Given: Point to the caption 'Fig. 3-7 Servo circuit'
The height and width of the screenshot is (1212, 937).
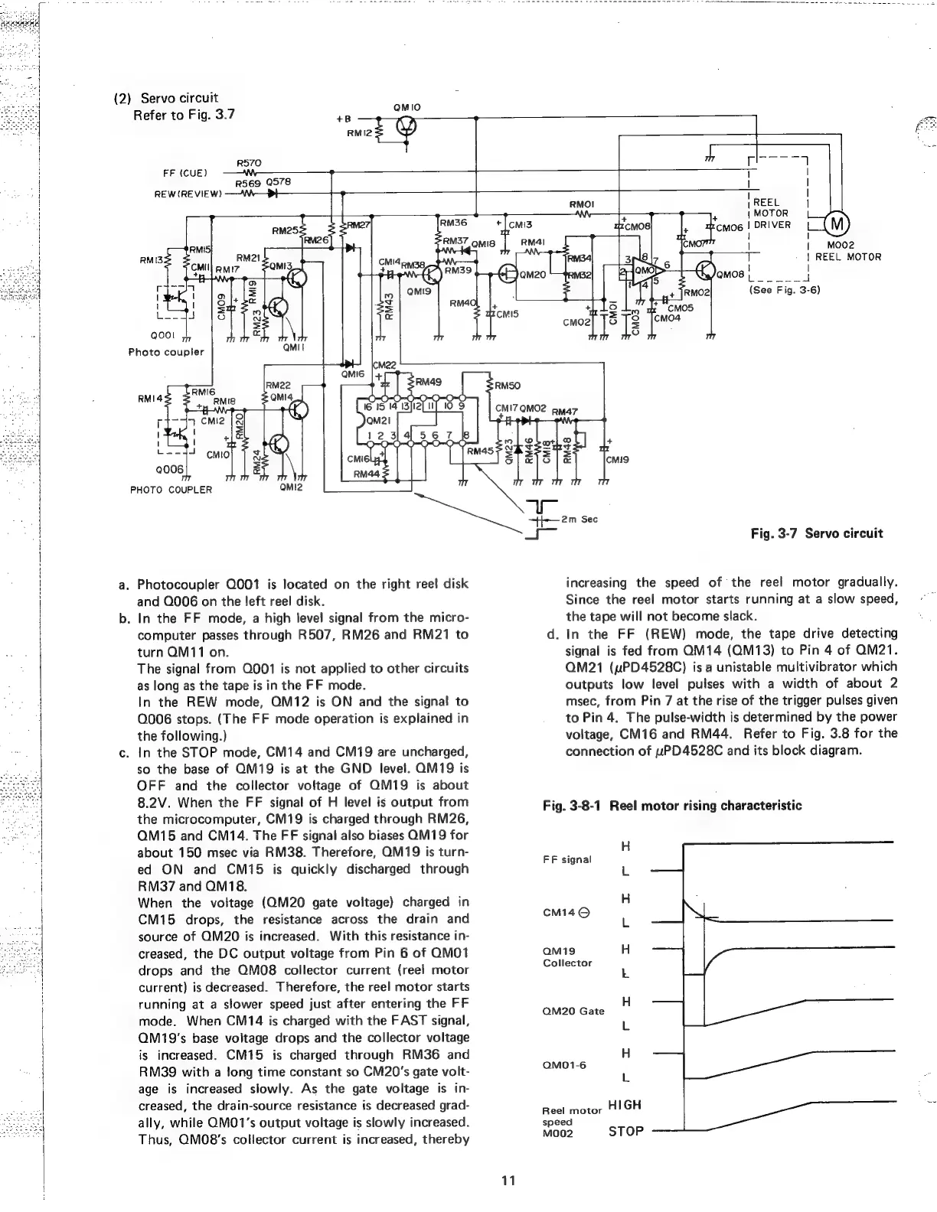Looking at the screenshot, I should pos(817,533).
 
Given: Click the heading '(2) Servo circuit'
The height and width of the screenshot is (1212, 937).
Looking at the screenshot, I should pos(165,98).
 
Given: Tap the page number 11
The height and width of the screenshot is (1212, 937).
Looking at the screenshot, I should pos(506,1179).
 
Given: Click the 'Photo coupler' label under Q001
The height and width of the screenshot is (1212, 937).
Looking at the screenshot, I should pos(166,352).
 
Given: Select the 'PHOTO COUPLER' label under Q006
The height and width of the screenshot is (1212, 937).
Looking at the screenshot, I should pos(171,490).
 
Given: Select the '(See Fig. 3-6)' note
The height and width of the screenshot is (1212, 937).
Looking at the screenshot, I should pos(785,291).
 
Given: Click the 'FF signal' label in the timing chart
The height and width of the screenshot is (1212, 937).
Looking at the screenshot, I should pos(566,859).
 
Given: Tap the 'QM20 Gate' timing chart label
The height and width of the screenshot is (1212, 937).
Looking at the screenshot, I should pos(573,1011).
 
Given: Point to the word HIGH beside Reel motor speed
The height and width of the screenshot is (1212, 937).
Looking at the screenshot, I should pos(624,1105).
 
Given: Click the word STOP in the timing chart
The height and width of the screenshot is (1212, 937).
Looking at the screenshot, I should pos(626,1131).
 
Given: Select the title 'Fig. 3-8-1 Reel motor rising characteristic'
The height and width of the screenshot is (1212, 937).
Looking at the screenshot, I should pos(671,806).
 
